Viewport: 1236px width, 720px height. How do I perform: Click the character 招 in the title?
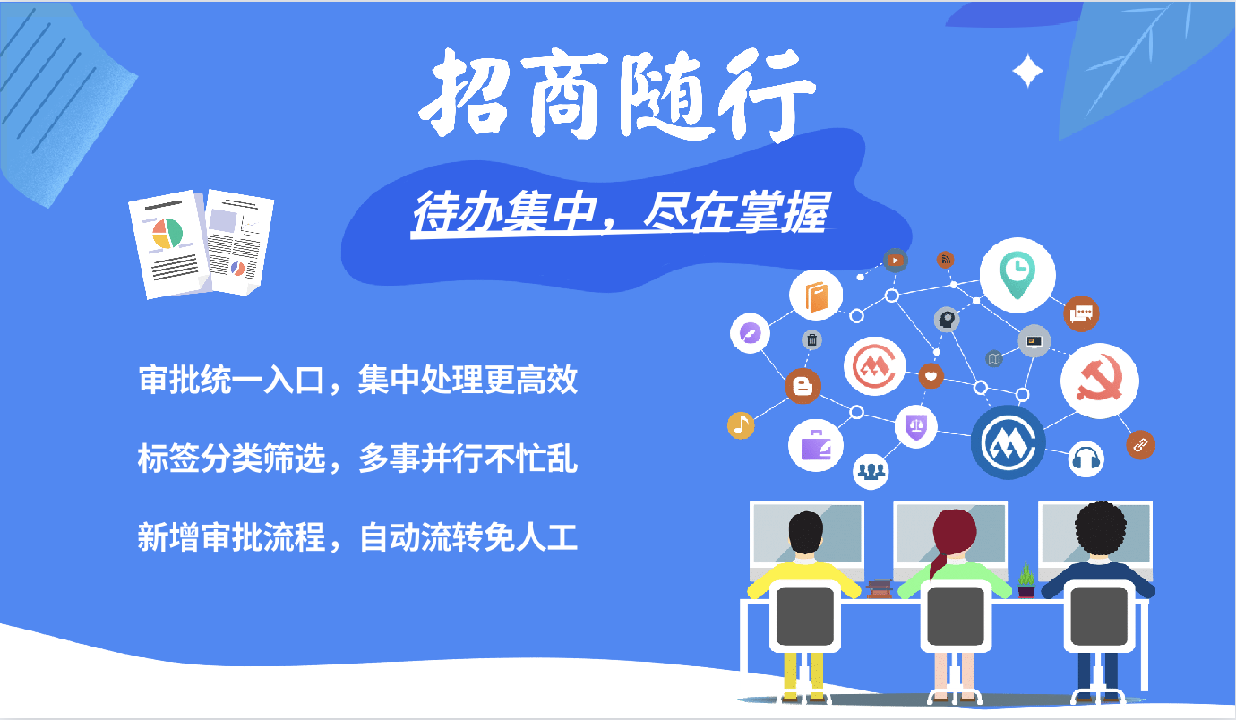pos(465,93)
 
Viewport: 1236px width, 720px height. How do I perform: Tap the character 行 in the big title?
pos(766,95)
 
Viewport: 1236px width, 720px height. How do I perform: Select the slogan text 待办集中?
pos(505,212)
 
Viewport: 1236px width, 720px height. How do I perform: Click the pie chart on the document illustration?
pos(167,234)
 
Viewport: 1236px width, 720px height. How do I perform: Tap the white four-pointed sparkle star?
pos(1027,71)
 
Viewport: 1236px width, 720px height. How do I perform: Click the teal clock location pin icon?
pos(1017,274)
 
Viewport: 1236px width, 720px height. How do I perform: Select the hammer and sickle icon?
pos(1099,381)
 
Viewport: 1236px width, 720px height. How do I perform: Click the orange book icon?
pos(816,296)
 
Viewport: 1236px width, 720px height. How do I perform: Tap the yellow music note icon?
pos(741,424)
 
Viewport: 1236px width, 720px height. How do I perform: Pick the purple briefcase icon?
pos(816,445)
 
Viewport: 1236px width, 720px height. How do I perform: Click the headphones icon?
pos(1086,459)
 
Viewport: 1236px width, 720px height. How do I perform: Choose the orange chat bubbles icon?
pos(1082,314)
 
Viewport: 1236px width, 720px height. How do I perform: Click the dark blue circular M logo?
pos(1009,442)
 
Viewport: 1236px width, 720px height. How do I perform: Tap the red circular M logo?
pos(874,366)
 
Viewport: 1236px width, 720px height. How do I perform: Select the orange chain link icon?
pos(1140,445)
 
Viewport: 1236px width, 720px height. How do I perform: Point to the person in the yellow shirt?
pos(804,574)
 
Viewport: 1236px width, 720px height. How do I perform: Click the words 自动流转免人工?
pos(468,537)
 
